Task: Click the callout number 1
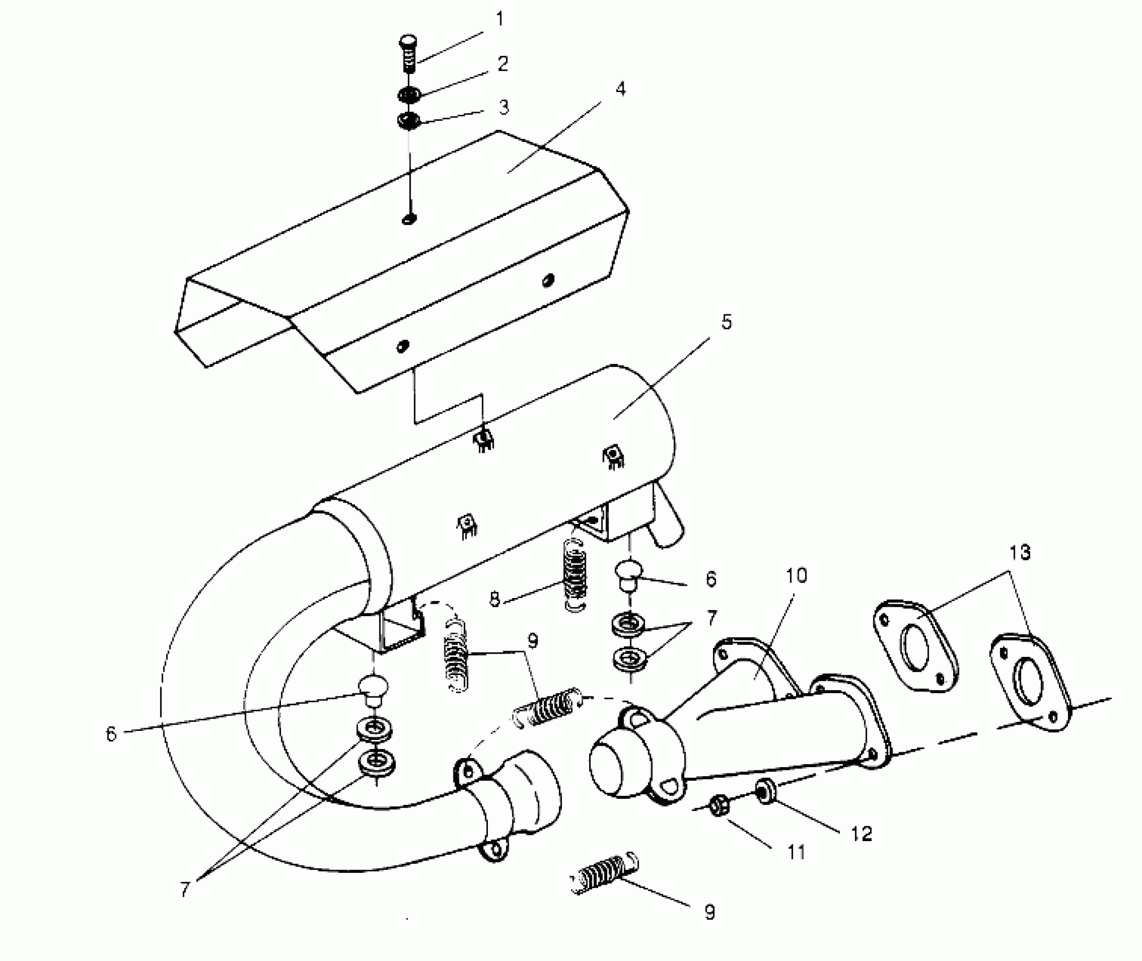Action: click(x=499, y=20)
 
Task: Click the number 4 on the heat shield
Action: click(x=620, y=89)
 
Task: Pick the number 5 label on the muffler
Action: click(x=726, y=323)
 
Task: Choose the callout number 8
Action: click(x=495, y=599)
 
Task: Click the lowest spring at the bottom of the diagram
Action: click(x=603, y=875)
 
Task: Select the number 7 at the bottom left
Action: click(x=185, y=889)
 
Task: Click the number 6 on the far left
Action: click(x=111, y=734)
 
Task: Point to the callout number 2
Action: click(x=502, y=63)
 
